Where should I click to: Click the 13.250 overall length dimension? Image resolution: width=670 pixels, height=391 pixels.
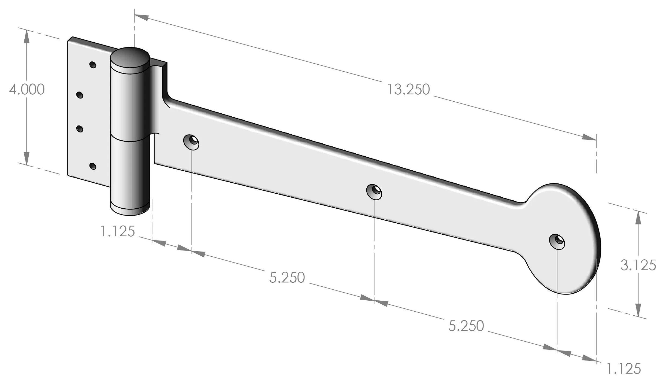pyautogui.click(x=408, y=90)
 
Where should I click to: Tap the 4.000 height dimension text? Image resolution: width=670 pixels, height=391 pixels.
pyautogui.click(x=27, y=89)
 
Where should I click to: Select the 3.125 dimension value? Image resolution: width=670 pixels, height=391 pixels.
pyautogui.click(x=638, y=265)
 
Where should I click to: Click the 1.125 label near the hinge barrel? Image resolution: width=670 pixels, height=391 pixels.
pyautogui.click(x=117, y=231)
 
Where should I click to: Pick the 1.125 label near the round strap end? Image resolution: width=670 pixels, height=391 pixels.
pyautogui.click(x=623, y=369)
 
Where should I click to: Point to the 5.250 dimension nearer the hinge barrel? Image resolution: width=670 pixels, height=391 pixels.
pyautogui.click(x=287, y=277)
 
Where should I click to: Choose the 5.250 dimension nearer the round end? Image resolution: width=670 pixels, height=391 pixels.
pyautogui.click(x=466, y=326)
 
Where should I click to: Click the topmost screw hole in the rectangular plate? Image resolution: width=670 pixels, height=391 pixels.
pyautogui.click(x=93, y=65)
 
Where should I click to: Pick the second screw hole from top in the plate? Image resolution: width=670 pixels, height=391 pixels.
pyautogui.click(x=80, y=95)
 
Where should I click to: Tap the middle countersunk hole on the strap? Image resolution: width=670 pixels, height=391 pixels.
pyautogui.click(x=374, y=191)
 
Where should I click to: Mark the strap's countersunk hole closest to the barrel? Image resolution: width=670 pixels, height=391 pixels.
pyautogui.click(x=191, y=142)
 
